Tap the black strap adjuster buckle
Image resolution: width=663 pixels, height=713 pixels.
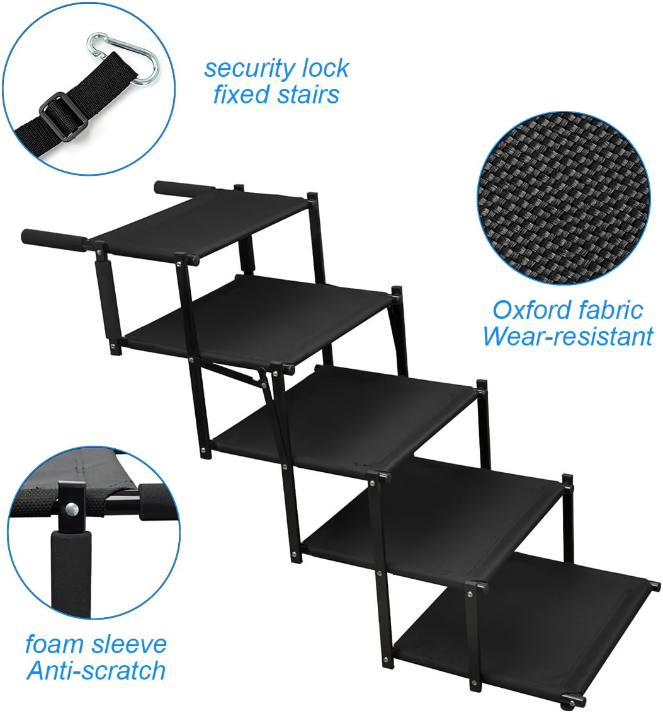click(x=63, y=117)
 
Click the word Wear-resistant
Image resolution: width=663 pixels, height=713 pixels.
click(x=568, y=337)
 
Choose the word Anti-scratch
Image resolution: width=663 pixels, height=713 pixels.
click(x=96, y=671)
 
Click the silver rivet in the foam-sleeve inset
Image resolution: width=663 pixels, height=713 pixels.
click(x=71, y=509)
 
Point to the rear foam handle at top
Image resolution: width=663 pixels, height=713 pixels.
click(x=184, y=188)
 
